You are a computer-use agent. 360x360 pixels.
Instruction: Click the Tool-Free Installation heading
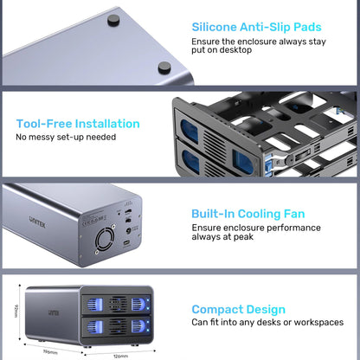[x=78, y=124]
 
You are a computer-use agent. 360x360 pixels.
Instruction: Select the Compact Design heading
[x=237, y=309]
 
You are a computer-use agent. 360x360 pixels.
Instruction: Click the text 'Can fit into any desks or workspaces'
[x=267, y=323]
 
